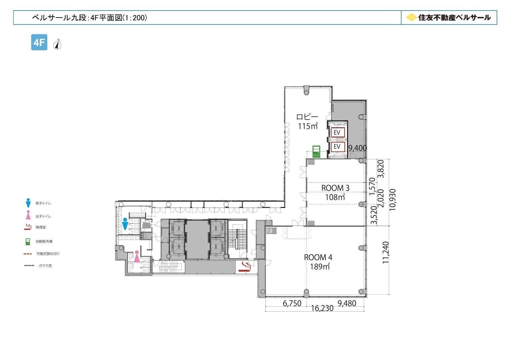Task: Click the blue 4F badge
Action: click(39, 42)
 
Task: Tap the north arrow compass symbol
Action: click(57, 45)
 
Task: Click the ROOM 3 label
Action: click(335, 188)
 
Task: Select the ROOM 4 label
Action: click(318, 257)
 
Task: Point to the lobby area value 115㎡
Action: click(308, 126)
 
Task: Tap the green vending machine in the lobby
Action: click(316, 151)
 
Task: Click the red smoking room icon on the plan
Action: click(245, 267)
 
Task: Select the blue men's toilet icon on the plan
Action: click(125, 224)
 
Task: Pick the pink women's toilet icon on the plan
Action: click(137, 256)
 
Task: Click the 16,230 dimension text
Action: click(322, 308)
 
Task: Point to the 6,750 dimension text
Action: click(292, 303)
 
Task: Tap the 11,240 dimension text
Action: click(386, 252)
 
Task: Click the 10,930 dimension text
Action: click(392, 200)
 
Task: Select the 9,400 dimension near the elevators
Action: click(357, 148)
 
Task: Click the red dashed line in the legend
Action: click(28, 254)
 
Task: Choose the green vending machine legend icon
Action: click(28, 242)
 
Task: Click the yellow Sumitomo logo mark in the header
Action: click(411, 18)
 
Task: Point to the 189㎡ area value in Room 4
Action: click(320, 266)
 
